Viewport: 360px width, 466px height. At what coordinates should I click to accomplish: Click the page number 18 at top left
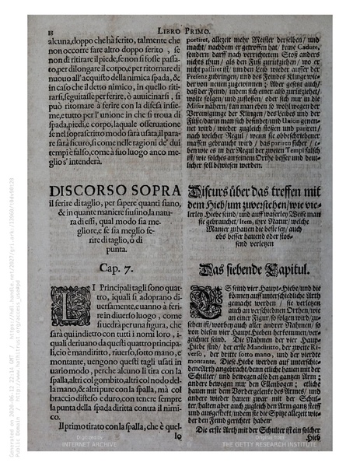click(x=40, y=30)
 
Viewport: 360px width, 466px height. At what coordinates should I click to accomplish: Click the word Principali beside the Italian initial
click(x=103, y=291)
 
